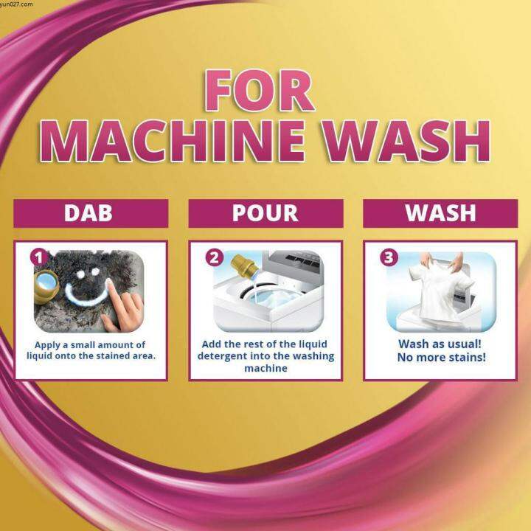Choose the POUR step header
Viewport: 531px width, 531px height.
pos(265,212)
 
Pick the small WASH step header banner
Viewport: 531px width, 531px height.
pos(440,212)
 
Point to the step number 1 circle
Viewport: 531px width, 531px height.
pos(40,257)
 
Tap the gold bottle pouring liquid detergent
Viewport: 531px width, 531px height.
pos(241,270)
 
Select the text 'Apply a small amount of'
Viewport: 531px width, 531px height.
pos(90,344)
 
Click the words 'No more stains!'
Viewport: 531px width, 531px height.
pos(440,358)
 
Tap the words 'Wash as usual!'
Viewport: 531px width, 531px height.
pos(440,344)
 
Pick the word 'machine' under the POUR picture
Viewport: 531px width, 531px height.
pos(265,368)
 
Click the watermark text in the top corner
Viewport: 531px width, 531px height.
pos(17,4)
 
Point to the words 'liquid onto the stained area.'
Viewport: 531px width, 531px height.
pos(90,357)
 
